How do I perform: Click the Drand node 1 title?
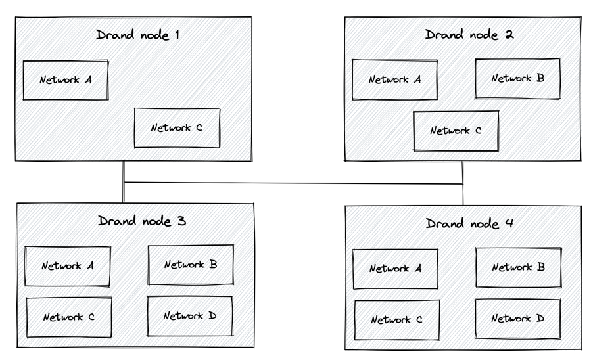click(137, 35)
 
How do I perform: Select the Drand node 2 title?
click(469, 34)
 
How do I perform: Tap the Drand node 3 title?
click(142, 221)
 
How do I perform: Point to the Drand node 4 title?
click(469, 223)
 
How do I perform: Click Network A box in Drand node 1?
click(66, 80)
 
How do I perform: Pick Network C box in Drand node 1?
click(177, 128)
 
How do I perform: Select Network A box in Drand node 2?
click(394, 79)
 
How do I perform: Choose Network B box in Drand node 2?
click(518, 78)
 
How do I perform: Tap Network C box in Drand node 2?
click(456, 131)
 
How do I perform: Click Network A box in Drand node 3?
click(68, 266)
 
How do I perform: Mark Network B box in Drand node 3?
click(191, 265)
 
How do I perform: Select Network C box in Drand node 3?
click(68, 317)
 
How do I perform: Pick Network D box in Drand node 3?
click(190, 316)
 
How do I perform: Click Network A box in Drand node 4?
click(395, 269)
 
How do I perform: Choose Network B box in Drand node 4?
click(518, 267)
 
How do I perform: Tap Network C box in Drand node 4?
click(396, 320)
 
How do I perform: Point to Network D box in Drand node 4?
click(518, 319)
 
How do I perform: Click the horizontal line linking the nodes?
click(293, 183)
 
